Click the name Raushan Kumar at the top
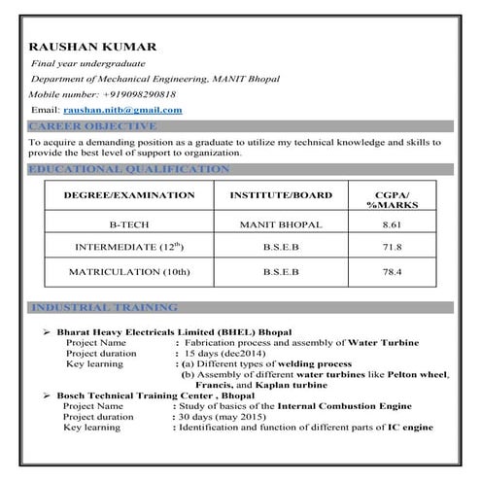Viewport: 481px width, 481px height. [93, 47]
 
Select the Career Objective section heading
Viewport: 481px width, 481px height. [92, 126]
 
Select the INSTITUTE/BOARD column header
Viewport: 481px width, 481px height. [281, 195]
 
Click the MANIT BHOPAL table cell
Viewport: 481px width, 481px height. [281, 223]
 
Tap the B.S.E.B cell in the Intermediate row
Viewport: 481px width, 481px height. [281, 248]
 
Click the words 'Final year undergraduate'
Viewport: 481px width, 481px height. [86, 62]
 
